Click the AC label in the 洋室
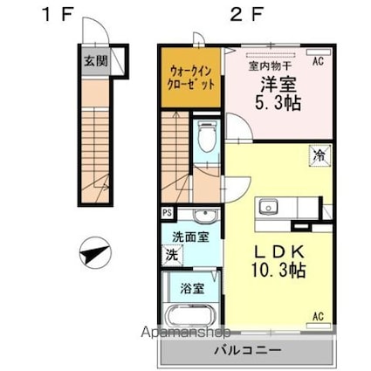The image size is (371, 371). point(318,61)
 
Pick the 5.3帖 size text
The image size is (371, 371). point(279,100)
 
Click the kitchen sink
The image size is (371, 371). point(267,209)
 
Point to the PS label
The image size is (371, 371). point(166,212)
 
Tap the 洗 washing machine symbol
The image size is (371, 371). point(173,256)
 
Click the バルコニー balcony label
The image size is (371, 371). point(247,351)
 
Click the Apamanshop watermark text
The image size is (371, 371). point(193,332)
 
